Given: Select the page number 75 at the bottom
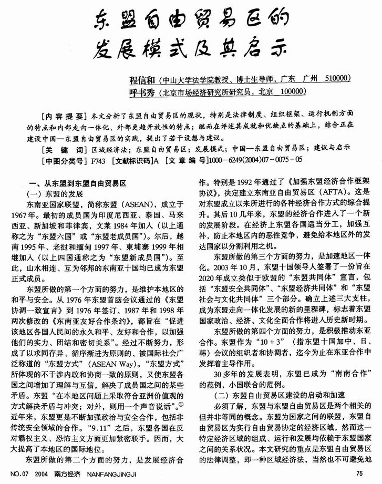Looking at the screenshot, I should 359,474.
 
